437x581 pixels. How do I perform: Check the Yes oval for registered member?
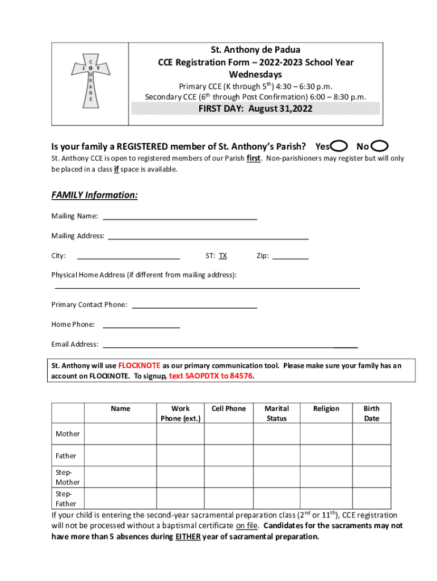(339, 146)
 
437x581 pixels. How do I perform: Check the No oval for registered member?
(380, 146)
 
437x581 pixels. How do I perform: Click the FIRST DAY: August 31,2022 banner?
(255, 109)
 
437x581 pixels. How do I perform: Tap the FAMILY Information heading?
(95, 195)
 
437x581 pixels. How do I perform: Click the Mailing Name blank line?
(179, 217)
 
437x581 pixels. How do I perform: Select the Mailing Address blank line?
(208, 237)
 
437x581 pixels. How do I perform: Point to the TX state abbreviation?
(223, 256)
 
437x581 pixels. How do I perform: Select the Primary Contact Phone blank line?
(195, 306)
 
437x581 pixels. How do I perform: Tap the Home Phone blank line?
(141, 326)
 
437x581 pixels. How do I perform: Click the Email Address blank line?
(230, 346)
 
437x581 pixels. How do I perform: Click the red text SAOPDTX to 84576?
(211, 376)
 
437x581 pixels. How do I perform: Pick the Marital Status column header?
(277, 413)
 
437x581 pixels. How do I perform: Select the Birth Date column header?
(372, 413)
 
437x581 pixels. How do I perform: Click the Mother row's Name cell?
(120, 434)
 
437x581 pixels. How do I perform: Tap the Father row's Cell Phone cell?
(229, 456)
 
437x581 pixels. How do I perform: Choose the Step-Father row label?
(66, 499)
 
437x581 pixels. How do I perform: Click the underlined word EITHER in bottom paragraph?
(187, 536)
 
